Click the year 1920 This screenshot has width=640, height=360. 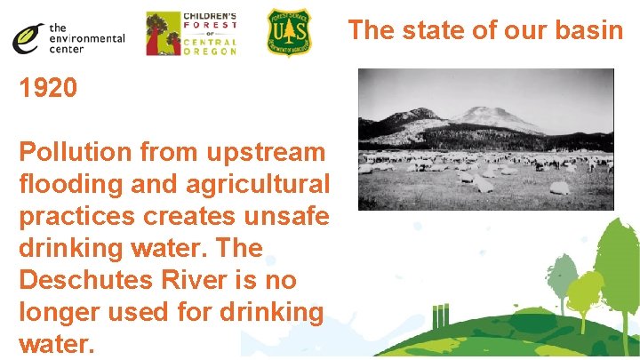48,88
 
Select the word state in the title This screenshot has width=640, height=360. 423,30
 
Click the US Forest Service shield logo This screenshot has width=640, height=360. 290,33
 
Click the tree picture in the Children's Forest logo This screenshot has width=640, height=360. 161,34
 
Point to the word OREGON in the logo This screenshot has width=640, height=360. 210,52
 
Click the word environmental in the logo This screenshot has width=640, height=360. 87,38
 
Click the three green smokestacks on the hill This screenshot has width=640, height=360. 439,317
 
